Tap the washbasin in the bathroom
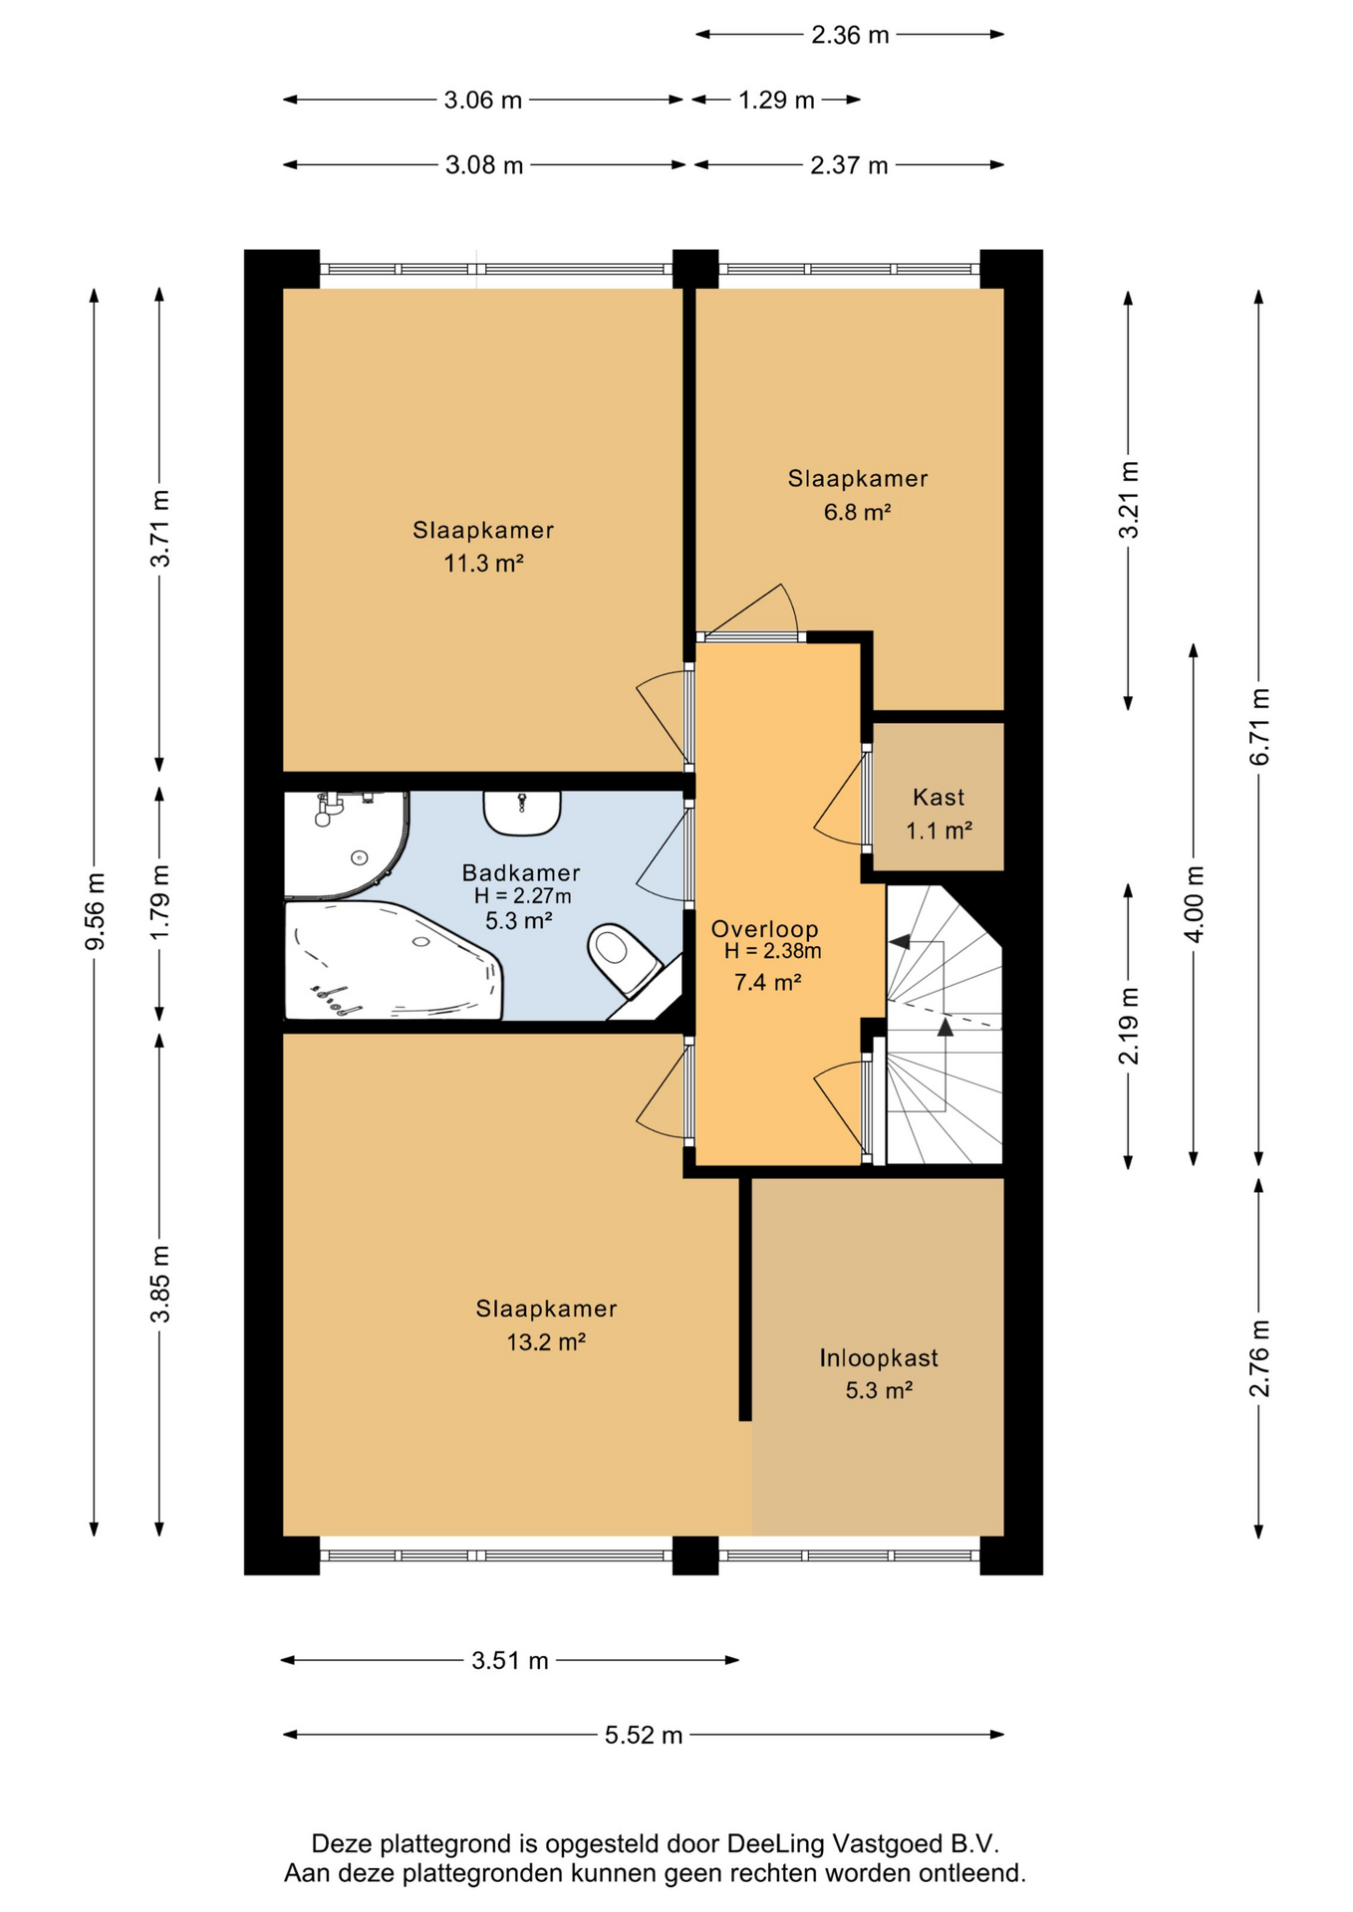[x=522, y=813]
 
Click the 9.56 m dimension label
[x=96, y=911]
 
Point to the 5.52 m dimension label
[x=644, y=1735]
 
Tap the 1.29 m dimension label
[x=776, y=100]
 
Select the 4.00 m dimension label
[x=1195, y=903]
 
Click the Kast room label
[x=939, y=797]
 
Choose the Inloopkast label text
[x=879, y=1357]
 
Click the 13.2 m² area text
[x=546, y=1341]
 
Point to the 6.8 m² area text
[x=857, y=512]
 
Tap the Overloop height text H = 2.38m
[x=773, y=951]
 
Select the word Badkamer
[x=521, y=872]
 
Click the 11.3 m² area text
[x=483, y=563]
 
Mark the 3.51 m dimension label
[x=510, y=1660]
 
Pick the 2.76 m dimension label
[x=1260, y=1357]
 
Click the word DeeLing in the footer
[x=776, y=1843]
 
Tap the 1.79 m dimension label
[x=160, y=901]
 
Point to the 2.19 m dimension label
[x=1129, y=1026]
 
